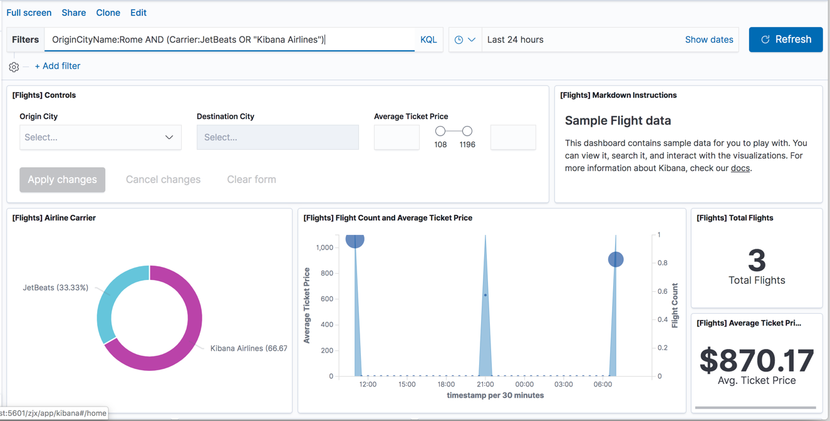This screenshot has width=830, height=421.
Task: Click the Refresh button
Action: (x=786, y=39)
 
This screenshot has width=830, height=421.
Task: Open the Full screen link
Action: (x=29, y=13)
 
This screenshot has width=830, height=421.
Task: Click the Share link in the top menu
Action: (x=74, y=13)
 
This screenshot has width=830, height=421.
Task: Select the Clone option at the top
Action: (x=108, y=13)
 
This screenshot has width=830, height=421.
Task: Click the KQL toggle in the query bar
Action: (x=428, y=39)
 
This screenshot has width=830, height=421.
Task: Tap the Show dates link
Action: (x=708, y=39)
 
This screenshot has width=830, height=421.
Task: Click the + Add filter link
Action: (x=58, y=66)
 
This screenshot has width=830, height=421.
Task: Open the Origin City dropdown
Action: (x=100, y=137)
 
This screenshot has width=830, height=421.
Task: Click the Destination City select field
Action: (x=278, y=137)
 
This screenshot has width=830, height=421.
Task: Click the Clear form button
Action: (x=251, y=179)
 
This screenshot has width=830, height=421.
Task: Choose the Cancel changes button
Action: (x=163, y=179)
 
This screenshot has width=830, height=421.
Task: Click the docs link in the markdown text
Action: (x=740, y=168)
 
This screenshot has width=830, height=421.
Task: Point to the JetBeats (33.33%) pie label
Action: (x=56, y=288)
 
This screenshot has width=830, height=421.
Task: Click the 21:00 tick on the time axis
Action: (x=485, y=384)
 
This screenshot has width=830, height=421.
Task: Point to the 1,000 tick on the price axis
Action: (x=324, y=247)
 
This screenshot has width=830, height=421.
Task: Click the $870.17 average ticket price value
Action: (x=757, y=360)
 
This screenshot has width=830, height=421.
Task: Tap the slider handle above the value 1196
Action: (x=467, y=131)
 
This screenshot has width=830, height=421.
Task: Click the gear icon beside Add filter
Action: (x=14, y=66)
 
